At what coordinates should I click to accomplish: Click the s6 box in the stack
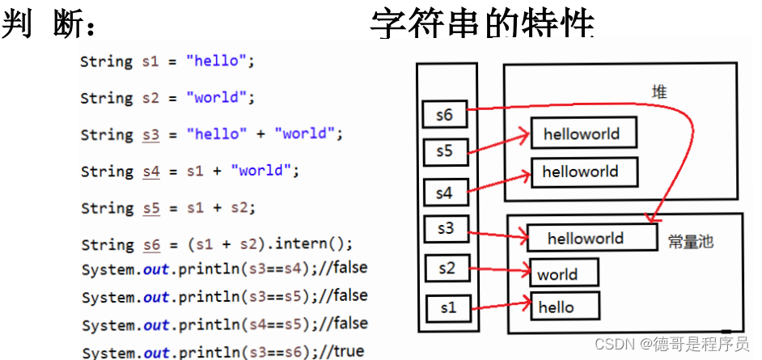coord(445,114)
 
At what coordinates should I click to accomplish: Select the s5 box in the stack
coord(445,151)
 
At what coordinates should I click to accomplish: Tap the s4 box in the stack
coord(445,193)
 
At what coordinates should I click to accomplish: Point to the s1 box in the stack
coord(447,307)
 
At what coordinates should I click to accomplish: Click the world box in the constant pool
coord(564,273)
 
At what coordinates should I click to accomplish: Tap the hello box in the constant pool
coord(564,306)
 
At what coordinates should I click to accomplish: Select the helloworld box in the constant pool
coord(591,238)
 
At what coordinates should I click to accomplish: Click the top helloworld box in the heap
coord(583,133)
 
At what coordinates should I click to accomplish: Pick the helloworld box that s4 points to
coord(584,172)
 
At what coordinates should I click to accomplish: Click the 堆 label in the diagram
coord(659,92)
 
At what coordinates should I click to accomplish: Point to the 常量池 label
coord(691,241)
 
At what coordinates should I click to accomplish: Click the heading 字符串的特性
coord(483,23)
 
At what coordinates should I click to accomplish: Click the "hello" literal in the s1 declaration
coord(214,61)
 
